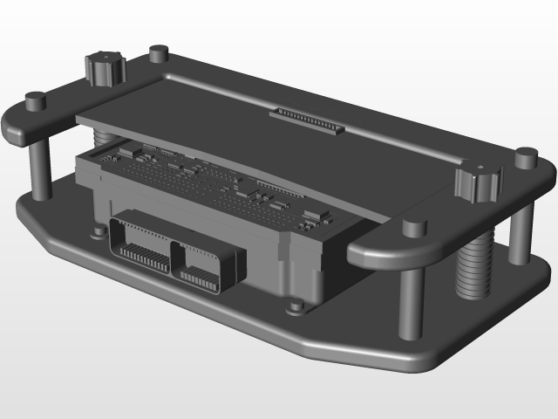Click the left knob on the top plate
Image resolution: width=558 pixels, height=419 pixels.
(x=105, y=68)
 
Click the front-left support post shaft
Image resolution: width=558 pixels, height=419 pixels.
(x=40, y=171)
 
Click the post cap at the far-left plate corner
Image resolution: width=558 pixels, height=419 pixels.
(x=35, y=100)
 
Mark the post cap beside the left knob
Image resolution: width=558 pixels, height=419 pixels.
(x=158, y=54)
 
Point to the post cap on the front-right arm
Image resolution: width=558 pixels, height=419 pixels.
(x=414, y=229)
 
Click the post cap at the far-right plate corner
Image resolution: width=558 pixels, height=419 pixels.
(x=526, y=158)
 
